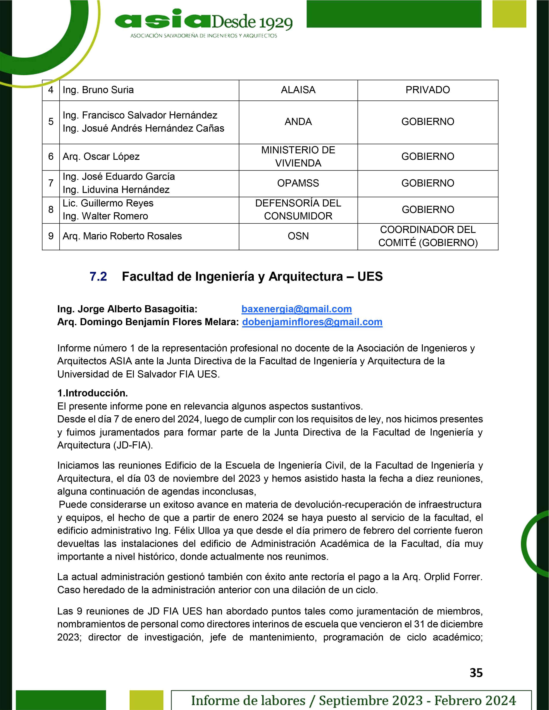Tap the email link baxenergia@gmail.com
[x=296, y=309]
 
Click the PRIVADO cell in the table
[x=427, y=90]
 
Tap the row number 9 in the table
[x=51, y=236]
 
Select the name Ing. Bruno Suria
[x=98, y=90]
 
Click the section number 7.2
[x=98, y=277]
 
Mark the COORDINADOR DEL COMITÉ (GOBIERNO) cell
[x=427, y=236]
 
